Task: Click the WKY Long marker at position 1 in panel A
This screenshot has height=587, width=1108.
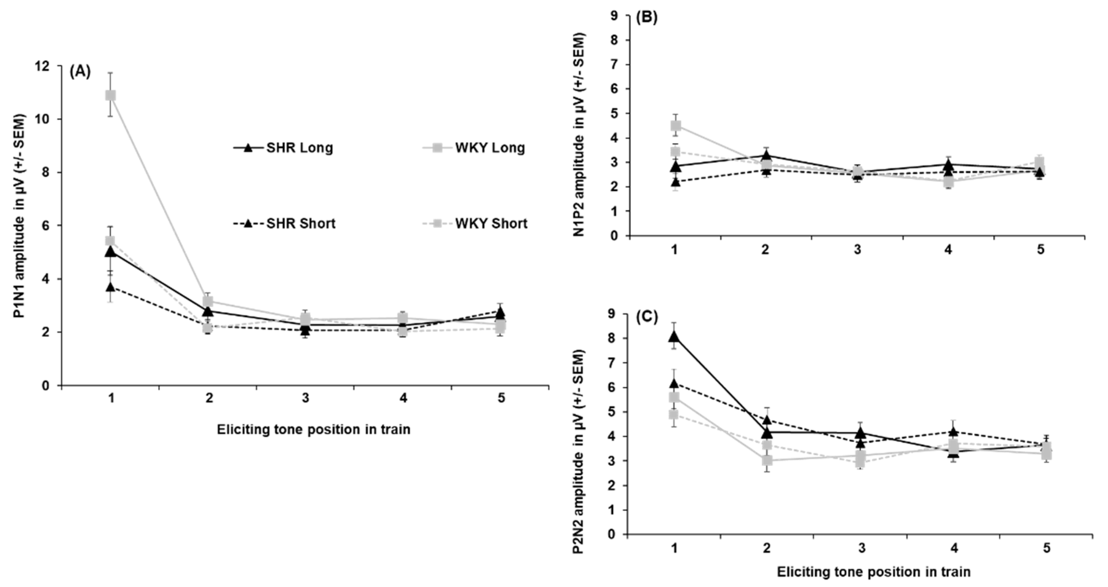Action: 111,95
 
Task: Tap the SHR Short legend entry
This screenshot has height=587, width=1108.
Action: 284,224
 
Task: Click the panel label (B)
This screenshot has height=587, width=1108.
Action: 647,19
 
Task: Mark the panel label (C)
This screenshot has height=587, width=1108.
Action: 647,317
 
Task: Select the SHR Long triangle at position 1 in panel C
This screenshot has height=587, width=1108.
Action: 674,337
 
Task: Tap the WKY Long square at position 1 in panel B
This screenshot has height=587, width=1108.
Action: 676,126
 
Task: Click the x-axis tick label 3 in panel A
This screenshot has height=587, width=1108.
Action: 306,398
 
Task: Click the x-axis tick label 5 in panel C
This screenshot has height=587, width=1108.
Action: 1046,548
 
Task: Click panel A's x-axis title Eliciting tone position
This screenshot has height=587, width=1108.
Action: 313,430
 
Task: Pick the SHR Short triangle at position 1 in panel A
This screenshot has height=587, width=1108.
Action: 111,287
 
